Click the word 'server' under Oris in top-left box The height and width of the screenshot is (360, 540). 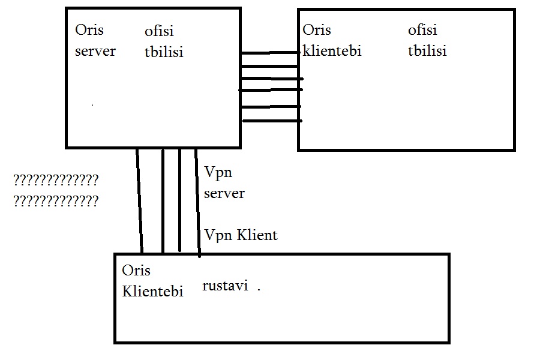95,52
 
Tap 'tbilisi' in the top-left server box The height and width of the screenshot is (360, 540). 163,52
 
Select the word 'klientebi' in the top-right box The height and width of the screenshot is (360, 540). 332,51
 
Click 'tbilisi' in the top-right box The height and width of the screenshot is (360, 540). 427,51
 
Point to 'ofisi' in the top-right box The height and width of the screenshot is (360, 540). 422,30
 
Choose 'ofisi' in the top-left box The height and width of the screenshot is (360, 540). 159,31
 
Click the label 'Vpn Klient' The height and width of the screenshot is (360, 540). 241,235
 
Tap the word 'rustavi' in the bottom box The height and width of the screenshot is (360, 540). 225,286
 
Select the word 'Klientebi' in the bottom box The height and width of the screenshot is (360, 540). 152,292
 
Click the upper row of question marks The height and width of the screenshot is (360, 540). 55,180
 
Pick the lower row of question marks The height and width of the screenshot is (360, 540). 55,202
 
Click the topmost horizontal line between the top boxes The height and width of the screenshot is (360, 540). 270,53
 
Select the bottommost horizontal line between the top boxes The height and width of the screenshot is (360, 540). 272,121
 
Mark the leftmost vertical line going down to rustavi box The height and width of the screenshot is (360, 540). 139,201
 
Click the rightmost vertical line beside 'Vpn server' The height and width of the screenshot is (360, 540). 197,201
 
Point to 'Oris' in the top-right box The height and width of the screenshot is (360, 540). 316,30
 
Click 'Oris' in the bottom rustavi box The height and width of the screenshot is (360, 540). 136,271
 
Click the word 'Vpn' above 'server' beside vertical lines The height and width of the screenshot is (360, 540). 218,173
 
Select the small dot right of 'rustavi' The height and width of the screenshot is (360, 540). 259,289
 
